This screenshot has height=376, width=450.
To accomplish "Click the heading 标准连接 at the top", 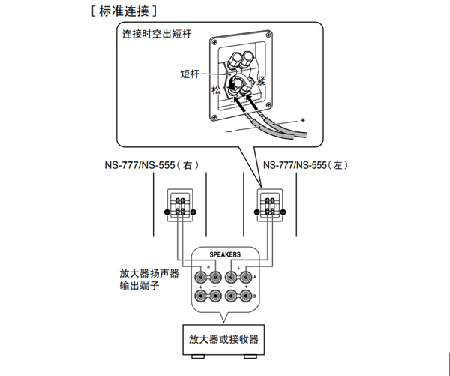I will click(124, 11).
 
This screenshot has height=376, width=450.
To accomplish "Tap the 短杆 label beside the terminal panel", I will click(190, 74).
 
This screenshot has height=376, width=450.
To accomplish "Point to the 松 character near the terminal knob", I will click(217, 89).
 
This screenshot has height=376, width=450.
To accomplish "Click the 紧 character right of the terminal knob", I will click(262, 80).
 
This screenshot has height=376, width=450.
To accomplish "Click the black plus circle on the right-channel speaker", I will click(193, 213).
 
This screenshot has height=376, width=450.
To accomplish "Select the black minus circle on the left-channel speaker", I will click(256, 213).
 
